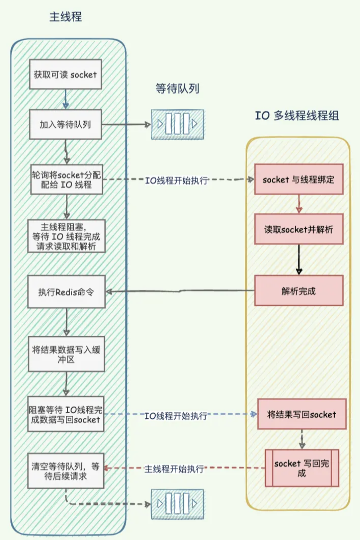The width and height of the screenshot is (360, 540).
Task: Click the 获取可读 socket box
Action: pyautogui.click(x=65, y=75)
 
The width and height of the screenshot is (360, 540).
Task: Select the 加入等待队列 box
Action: pyautogui.click(x=65, y=124)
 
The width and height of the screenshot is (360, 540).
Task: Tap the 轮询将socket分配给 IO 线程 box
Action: pyautogui.click(x=66, y=180)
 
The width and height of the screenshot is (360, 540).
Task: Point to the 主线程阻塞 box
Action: pyautogui.click(x=66, y=236)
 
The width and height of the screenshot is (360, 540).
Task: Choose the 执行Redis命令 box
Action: pyautogui.click(x=66, y=292)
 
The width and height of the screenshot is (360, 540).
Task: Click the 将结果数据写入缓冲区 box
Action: pyautogui.click(x=66, y=354)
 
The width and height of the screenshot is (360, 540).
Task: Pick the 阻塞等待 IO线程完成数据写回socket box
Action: pyautogui.click(x=66, y=414)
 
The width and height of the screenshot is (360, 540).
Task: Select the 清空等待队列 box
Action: pyautogui.click(x=66, y=471)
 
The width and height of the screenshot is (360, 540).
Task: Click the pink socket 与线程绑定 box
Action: pyautogui.click(x=299, y=179)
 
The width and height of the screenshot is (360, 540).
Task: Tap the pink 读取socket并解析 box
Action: pyautogui.click(x=299, y=229)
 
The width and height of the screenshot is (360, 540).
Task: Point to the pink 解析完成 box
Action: pyautogui.click(x=299, y=291)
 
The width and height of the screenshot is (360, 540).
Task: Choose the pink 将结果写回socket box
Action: pyautogui.click(x=302, y=414)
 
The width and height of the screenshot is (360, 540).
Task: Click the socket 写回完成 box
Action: pyautogui.click(x=302, y=468)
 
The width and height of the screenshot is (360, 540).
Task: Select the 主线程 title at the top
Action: pyautogui.click(x=66, y=17)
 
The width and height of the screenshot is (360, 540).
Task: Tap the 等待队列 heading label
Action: pyautogui.click(x=177, y=88)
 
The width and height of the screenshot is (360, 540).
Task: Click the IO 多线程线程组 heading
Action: pyautogui.click(x=297, y=116)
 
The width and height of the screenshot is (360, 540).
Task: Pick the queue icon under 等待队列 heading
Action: pyautogui.click(x=177, y=124)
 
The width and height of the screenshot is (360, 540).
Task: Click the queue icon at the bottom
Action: pyautogui.click(x=177, y=504)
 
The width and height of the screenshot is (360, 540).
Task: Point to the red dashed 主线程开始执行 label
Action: pyautogui.click(x=174, y=469)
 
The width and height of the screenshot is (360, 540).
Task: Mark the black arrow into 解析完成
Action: pyautogui.click(x=299, y=259)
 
